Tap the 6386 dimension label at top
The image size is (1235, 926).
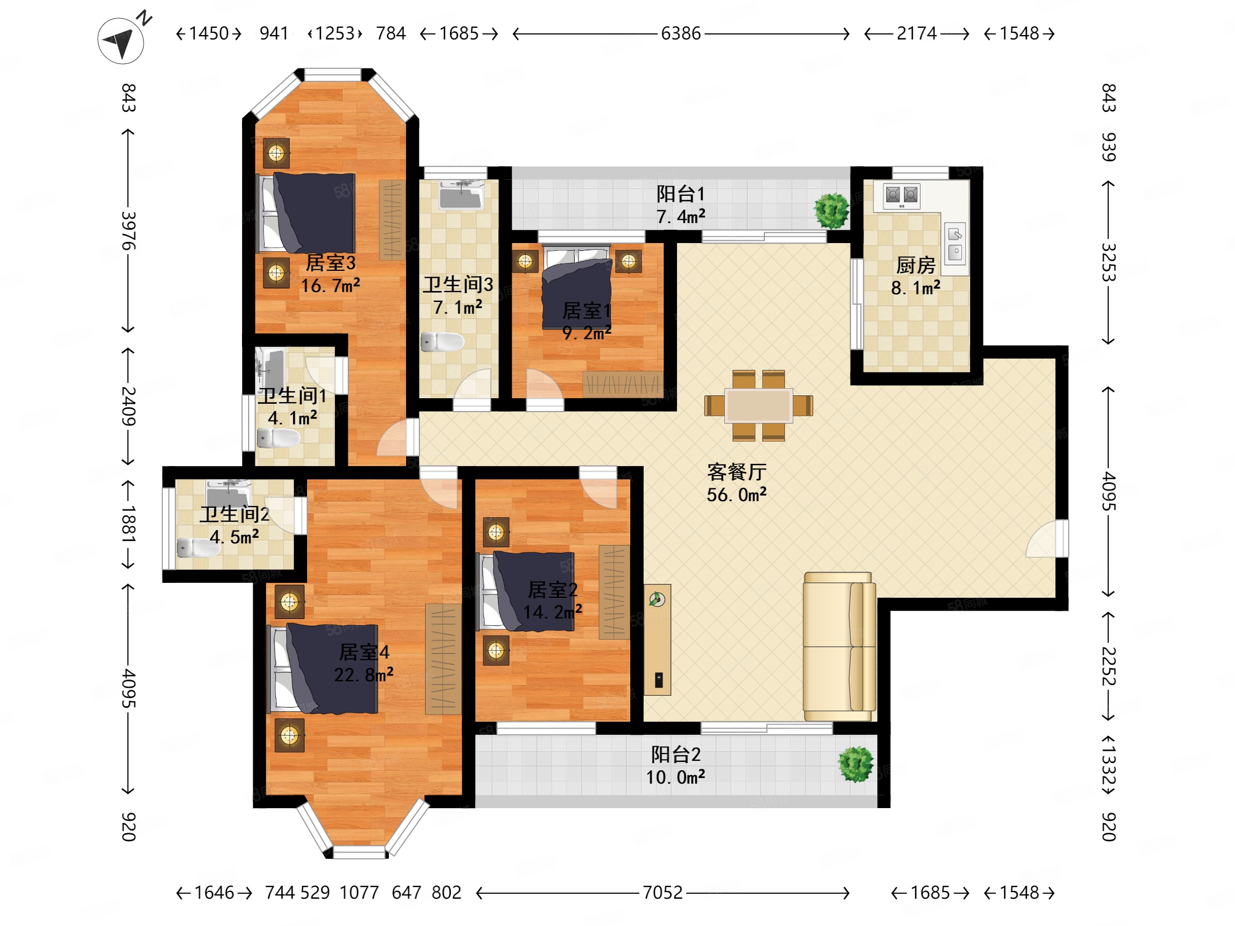pos(680,33)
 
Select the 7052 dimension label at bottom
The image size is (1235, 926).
pos(663,893)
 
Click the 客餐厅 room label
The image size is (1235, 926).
pos(737,472)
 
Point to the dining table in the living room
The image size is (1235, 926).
pos(758,406)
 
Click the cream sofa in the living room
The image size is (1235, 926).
pos(839,646)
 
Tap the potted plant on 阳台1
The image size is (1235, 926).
pos(831,210)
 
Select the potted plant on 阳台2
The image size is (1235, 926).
pos(856,764)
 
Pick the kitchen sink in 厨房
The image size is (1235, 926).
pos(955,243)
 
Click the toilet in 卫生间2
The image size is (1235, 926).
pos(198,548)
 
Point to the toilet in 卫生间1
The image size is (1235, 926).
pos(278,438)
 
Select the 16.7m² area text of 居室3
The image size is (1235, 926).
pos(330,286)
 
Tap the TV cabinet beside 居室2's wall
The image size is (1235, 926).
pos(657,640)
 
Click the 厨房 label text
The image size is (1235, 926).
pos(916,265)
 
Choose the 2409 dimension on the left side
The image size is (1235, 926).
pos(129,406)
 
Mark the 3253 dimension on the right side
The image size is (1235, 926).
pos(1108,263)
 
